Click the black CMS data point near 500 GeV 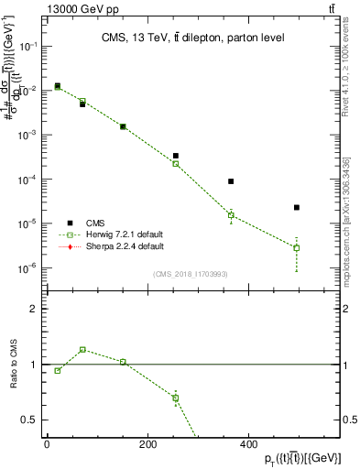297,208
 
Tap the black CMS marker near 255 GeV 175,156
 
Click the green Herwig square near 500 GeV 297,247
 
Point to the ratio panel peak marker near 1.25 82,349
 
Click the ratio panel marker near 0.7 175,398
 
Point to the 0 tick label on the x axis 47,444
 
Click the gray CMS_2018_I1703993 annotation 190,273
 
